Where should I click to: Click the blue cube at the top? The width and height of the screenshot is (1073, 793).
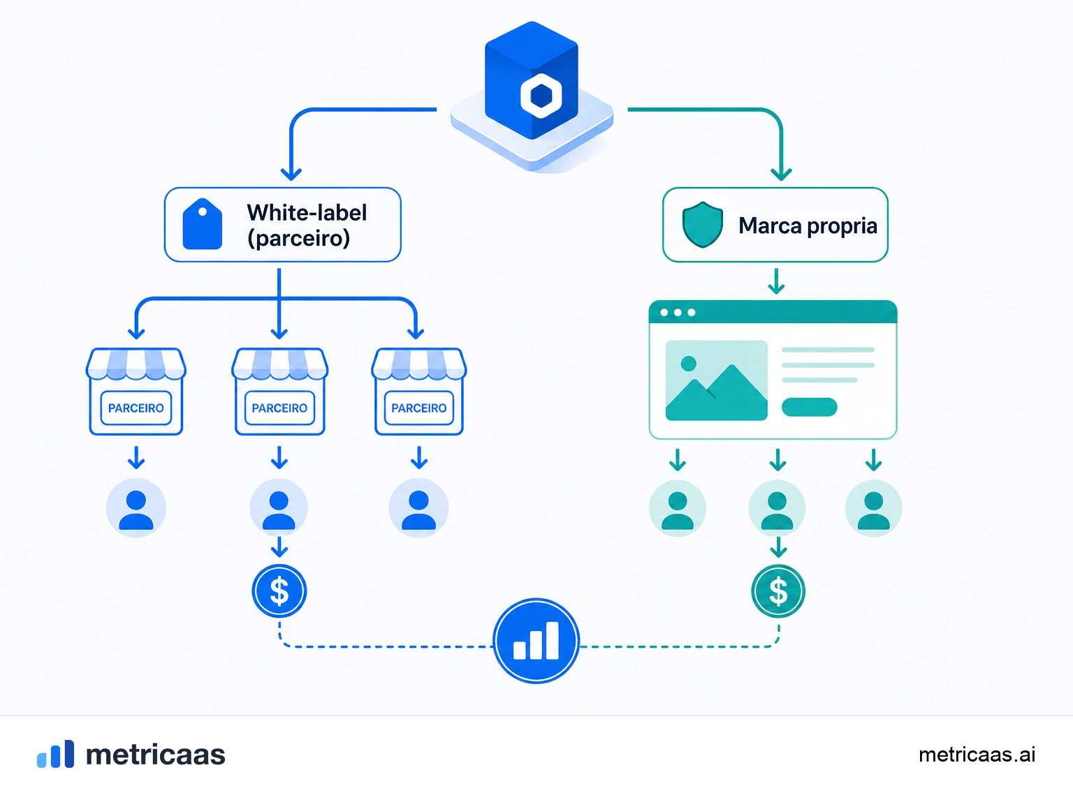(x=531, y=80)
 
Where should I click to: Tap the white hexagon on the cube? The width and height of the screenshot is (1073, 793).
(x=541, y=96)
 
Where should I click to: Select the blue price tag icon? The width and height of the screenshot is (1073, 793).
(x=202, y=223)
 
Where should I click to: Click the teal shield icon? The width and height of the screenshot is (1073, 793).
(x=703, y=224)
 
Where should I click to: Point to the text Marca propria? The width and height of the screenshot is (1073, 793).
(x=808, y=225)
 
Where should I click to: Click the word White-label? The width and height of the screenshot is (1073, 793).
(x=307, y=212)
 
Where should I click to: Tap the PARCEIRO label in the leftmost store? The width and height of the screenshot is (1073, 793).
(x=136, y=408)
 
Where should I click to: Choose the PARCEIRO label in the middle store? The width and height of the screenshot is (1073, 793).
(x=279, y=408)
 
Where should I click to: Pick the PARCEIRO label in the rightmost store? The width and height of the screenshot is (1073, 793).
(x=419, y=408)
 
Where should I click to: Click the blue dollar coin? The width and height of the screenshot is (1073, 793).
(x=279, y=591)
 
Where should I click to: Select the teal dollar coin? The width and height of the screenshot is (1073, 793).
(x=778, y=591)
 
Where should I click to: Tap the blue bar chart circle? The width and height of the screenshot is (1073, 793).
(x=536, y=641)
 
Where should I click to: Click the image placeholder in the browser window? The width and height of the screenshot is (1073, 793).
(x=717, y=380)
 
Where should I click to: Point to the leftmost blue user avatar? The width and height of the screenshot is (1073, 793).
(x=136, y=507)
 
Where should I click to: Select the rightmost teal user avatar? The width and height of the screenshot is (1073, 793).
(x=873, y=507)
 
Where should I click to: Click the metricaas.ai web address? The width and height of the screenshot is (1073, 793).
(x=977, y=755)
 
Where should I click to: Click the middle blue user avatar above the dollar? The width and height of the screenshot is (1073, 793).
(x=279, y=507)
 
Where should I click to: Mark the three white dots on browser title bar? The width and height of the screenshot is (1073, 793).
(x=678, y=312)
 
